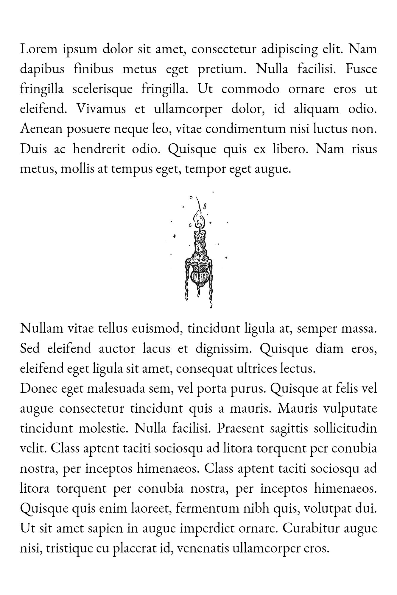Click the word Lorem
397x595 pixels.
click(x=38, y=49)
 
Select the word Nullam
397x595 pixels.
click(x=41, y=328)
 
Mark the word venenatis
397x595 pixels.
click(x=202, y=549)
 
